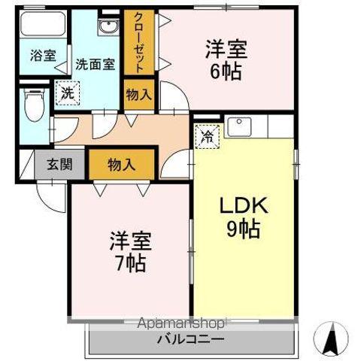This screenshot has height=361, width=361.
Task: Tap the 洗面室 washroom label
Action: point(99,64)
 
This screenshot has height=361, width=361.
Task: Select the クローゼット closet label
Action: point(139,42)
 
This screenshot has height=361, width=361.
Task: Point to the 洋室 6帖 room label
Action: point(226,60)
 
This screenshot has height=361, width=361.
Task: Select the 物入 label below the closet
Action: point(139,94)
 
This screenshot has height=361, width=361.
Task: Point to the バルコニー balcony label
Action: point(190,340)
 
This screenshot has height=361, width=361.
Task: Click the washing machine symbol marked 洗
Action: point(67,93)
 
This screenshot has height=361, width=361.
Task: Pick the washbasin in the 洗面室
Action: point(107,29)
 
